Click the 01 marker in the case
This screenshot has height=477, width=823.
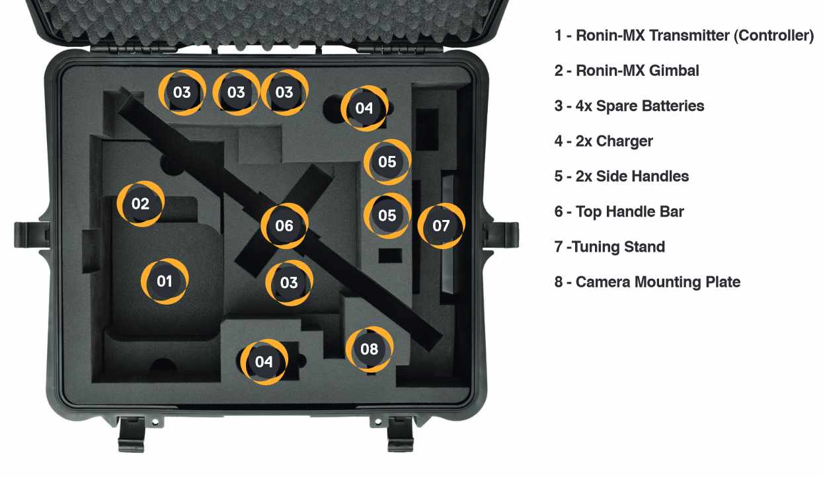[165, 281]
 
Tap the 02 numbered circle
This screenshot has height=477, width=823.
[140, 203]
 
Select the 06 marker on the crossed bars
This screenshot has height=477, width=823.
[284, 226]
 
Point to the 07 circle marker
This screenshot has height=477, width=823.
[442, 226]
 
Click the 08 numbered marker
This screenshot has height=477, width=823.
[370, 349]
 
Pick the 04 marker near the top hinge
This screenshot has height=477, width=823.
[364, 108]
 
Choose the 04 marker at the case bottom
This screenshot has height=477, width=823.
[264, 362]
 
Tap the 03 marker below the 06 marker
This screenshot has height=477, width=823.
[289, 283]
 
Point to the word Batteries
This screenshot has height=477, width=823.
[676, 106]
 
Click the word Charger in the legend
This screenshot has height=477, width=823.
[625, 141]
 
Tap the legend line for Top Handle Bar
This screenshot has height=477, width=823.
[619, 212]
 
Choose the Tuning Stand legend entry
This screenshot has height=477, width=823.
[609, 247]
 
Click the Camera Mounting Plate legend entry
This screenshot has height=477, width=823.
[647, 282]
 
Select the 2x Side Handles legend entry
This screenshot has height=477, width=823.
[621, 176]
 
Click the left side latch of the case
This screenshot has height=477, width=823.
[32, 235]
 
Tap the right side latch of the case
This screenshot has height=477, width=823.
[501, 235]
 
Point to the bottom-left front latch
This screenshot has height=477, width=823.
[132, 435]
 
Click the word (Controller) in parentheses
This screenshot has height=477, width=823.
[774, 36]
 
